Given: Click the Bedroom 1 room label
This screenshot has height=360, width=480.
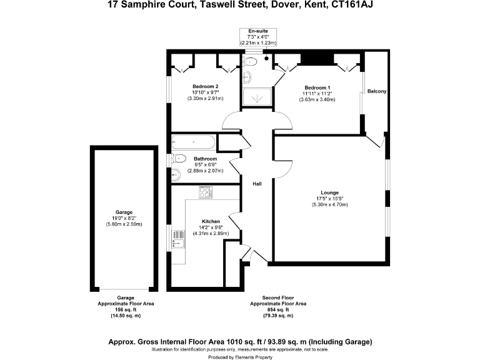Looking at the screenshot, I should tap(317, 87).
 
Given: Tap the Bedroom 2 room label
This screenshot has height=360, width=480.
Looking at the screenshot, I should tap(205, 86).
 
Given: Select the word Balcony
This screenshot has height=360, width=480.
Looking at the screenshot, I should tap(377, 92).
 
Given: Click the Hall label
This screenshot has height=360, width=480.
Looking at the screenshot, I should tap(257, 184).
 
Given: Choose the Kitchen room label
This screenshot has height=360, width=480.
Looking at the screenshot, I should tap(210, 221).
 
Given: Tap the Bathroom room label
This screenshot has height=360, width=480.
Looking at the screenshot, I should tap(205, 159).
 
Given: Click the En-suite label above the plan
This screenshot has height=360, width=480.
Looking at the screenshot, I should tap(258, 31).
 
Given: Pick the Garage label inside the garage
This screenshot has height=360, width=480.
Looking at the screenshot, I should tap(124, 212).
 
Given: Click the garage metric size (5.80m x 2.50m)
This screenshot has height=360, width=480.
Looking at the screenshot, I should tap(124, 224).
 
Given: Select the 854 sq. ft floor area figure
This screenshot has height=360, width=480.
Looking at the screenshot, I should tap(278, 309).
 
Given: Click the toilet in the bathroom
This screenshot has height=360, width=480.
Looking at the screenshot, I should tap(177, 158).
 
